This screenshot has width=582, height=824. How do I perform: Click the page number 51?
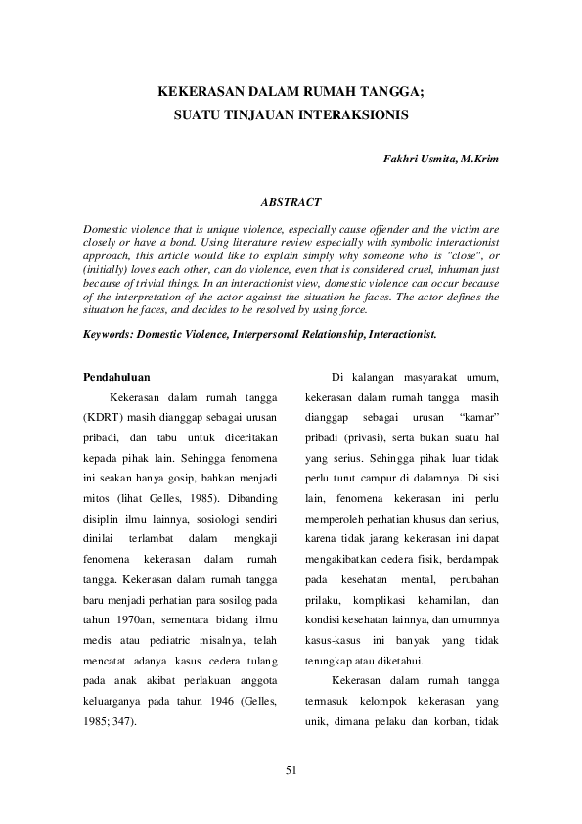pyautogui.click(x=291, y=771)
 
